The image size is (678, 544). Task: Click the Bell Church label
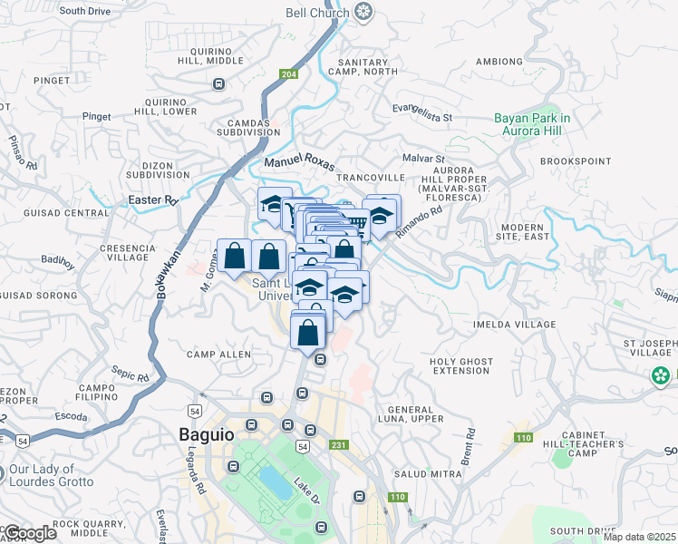[317, 12]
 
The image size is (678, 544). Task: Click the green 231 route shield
[339, 445]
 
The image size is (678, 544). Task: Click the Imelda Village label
[515, 324]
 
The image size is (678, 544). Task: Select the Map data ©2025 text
[640, 537]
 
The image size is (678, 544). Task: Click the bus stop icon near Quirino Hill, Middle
[218, 84]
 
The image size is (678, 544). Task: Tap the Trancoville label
[373, 177]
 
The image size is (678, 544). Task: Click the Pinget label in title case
[96, 116]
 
